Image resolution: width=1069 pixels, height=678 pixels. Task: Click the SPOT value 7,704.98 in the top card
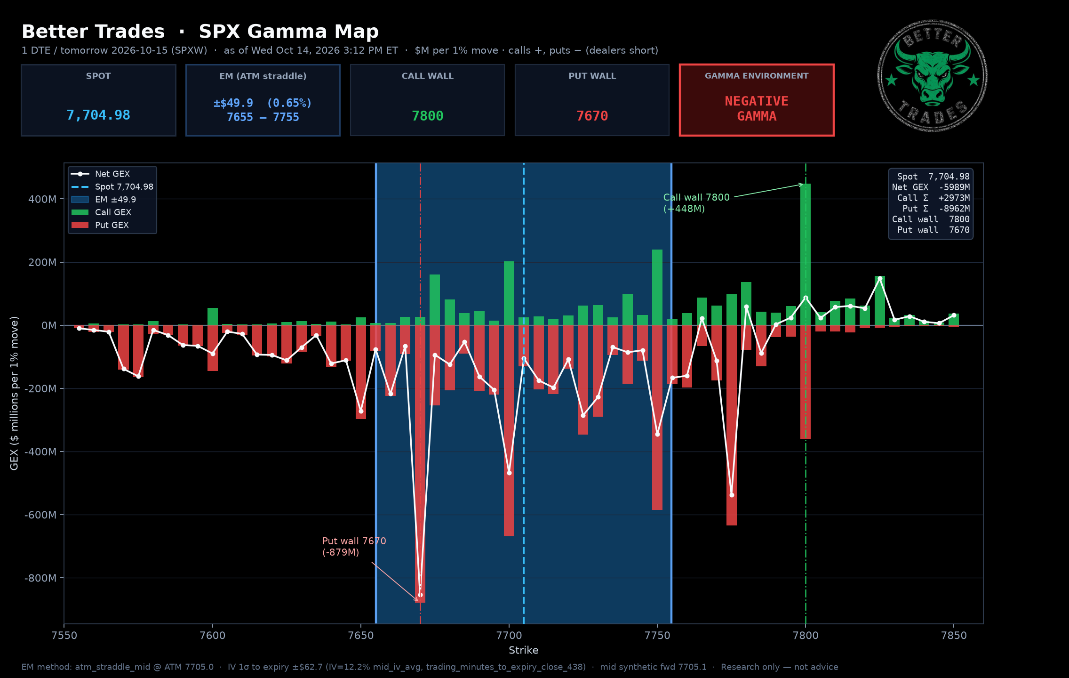[x=98, y=115]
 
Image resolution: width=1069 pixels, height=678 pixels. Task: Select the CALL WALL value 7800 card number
[x=427, y=116]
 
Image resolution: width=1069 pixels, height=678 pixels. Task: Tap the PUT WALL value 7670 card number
[x=592, y=116]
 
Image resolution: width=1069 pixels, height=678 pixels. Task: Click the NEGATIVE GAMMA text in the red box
[x=757, y=109]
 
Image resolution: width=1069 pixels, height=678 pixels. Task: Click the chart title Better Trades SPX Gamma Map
[x=200, y=32]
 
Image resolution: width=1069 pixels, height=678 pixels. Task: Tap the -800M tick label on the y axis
[x=40, y=578]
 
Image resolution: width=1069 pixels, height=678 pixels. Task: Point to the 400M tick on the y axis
[x=42, y=199]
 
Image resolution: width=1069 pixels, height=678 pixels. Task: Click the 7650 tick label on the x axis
[x=361, y=636]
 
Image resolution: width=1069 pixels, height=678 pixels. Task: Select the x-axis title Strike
[x=523, y=650]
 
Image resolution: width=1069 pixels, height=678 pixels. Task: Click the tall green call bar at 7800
[x=806, y=254]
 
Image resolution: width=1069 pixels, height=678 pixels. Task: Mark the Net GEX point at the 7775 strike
[x=732, y=495]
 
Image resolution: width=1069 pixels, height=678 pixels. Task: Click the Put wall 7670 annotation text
[x=354, y=547]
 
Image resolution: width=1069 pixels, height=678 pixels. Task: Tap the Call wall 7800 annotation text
[x=696, y=203]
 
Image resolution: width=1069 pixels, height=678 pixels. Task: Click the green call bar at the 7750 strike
[x=657, y=287]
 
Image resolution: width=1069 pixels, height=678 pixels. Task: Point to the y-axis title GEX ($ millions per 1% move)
[x=15, y=393]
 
